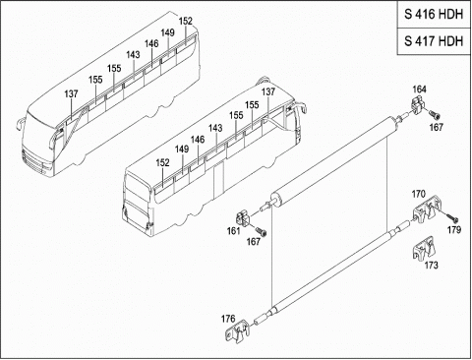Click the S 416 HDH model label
[x=434, y=14]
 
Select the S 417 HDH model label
[x=434, y=41]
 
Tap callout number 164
[x=419, y=90]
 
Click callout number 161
[x=233, y=231]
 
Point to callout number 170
[x=418, y=194]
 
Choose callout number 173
[x=432, y=265]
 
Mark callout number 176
[x=228, y=319]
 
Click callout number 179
[x=454, y=230]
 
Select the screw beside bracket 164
[x=435, y=115]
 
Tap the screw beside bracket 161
[x=262, y=231]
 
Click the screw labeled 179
[x=451, y=217]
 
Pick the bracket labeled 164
[x=418, y=105]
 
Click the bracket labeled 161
[x=244, y=218]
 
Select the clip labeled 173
[x=423, y=248]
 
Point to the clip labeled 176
[x=237, y=331]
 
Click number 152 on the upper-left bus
[x=186, y=21]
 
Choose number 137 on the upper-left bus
[x=71, y=93]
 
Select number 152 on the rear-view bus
[x=163, y=162]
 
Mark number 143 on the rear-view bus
[x=215, y=128]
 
